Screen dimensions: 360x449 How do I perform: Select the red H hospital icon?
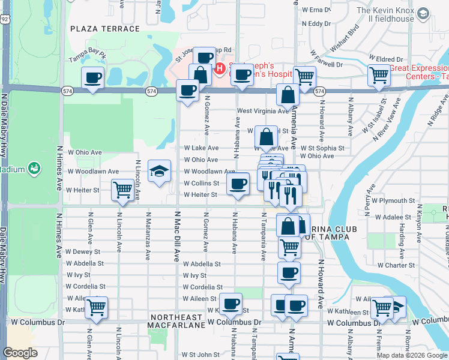(x=220, y=69)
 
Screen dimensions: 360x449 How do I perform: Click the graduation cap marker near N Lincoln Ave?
(x=159, y=172)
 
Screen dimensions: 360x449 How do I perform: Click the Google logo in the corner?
(x=20, y=353)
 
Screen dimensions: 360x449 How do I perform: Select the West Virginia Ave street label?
(x=263, y=110)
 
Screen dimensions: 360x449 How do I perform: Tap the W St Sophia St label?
(x=326, y=148)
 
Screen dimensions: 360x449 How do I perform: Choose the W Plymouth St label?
(x=393, y=200)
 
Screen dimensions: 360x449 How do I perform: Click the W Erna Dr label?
(x=316, y=10)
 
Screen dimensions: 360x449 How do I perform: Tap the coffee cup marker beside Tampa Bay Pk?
(x=93, y=79)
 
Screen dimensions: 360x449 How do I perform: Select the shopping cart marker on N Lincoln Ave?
(x=122, y=190)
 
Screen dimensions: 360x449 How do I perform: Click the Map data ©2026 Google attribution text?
(x=412, y=355)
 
